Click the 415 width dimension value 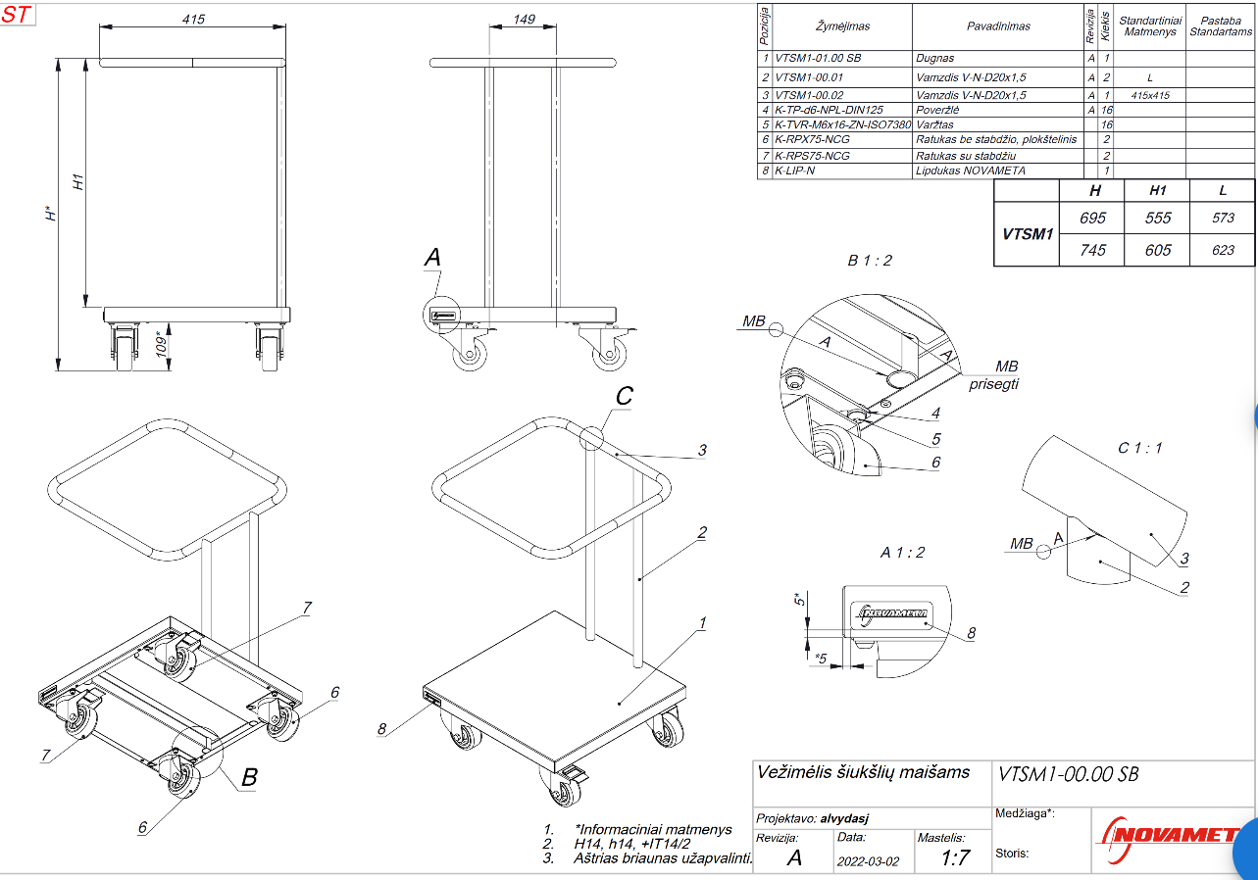[x=193, y=19]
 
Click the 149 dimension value [x=524, y=19]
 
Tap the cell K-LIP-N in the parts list [x=795, y=171]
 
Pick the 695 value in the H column [x=1092, y=218]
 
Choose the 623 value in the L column [x=1223, y=250]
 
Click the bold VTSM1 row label [x=1027, y=234]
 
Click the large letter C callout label [x=624, y=397]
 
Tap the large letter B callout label [x=249, y=777]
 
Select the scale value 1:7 [x=955, y=859]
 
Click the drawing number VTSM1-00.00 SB [x=1068, y=773]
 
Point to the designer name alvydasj [x=844, y=818]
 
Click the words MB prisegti [x=993, y=375]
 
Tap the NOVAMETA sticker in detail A [x=893, y=614]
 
